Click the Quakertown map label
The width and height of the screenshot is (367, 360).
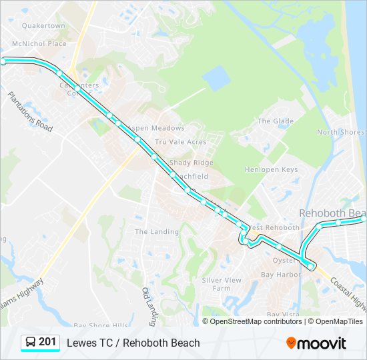tap(43, 26)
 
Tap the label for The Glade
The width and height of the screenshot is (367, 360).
tap(276, 121)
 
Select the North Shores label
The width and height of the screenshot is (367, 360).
tap(340, 132)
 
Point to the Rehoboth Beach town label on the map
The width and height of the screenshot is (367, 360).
tap(332, 213)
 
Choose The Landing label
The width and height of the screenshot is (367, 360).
tap(157, 232)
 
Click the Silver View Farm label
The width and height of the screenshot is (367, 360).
tap(222, 284)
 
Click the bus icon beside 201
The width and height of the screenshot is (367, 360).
tap(30, 343)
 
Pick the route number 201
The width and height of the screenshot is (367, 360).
tap(47, 342)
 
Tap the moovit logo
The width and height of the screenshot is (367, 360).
tap(316, 343)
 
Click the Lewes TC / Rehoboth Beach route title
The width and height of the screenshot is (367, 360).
tap(133, 343)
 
